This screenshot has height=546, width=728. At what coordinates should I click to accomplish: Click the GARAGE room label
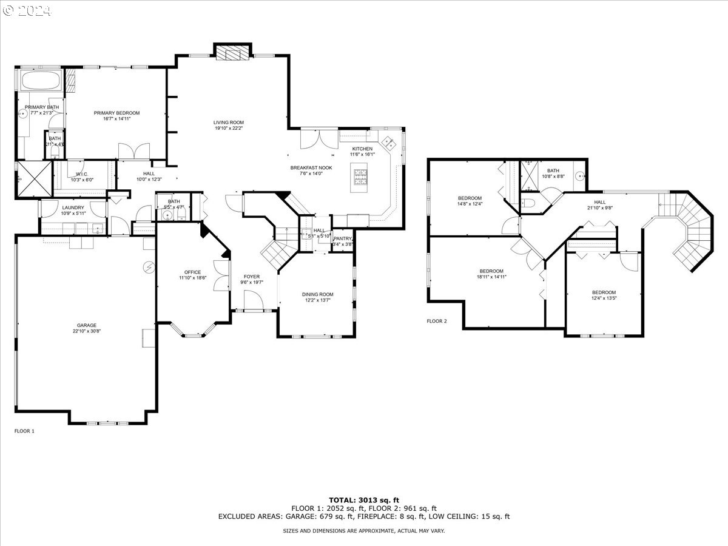(86, 325)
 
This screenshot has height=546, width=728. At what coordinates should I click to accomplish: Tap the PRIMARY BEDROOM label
(116, 113)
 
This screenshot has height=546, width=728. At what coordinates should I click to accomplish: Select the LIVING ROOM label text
(229, 123)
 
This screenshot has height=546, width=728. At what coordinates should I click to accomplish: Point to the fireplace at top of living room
(232, 54)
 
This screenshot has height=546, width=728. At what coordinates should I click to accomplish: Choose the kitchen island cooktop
(359, 176)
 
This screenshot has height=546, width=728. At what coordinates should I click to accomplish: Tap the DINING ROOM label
(318, 295)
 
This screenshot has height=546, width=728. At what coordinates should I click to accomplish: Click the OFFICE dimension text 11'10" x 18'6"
(192, 278)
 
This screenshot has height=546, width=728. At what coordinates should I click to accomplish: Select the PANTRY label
(342, 238)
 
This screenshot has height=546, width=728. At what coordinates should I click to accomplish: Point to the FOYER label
(251, 277)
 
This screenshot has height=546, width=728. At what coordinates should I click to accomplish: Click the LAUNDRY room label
(73, 207)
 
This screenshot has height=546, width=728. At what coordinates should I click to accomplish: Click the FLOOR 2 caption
(437, 321)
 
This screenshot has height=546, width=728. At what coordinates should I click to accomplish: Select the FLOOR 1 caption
(24, 431)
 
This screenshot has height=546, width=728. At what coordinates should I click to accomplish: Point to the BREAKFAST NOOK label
(315, 167)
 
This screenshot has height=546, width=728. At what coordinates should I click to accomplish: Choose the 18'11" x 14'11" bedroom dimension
(491, 277)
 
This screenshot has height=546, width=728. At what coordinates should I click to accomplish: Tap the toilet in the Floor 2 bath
(527, 203)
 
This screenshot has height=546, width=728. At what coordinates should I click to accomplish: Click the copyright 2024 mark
(27, 10)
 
